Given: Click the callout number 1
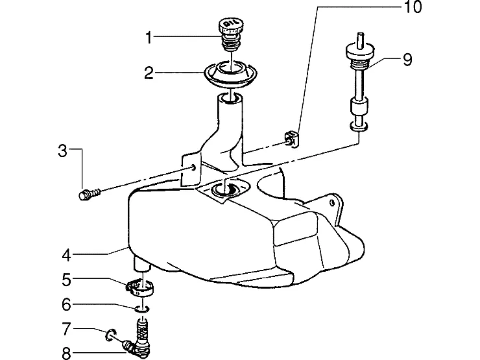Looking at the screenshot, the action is pos(149,38).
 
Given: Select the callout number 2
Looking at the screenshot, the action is pos(149,73).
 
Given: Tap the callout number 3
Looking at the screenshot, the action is pos(62,150).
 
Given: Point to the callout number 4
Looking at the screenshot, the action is pos(66,255).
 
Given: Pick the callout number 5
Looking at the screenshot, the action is pos(66,280).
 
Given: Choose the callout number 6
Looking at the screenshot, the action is pos(66,305).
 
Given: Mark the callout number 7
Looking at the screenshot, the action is pos(66,329).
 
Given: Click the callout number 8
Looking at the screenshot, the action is pos(66,353).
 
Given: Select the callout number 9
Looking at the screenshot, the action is pos(407,60).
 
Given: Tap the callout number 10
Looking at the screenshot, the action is pos(413,7).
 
